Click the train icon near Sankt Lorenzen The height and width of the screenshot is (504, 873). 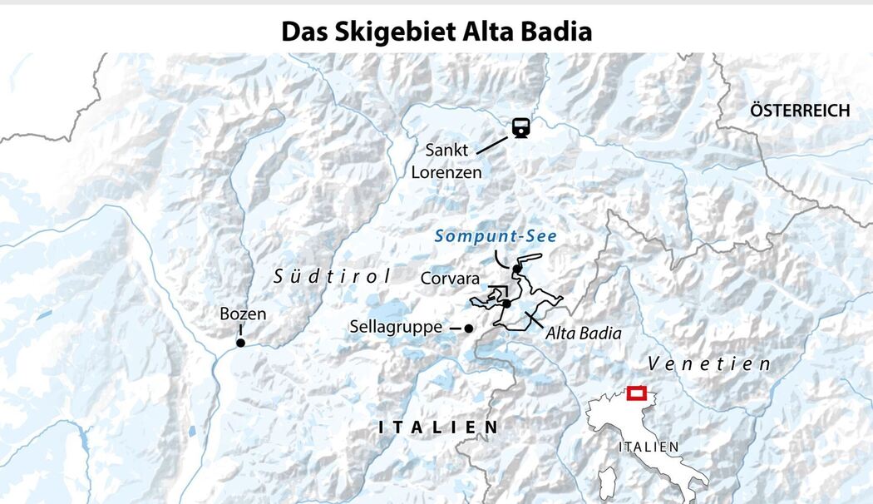tap(521, 127)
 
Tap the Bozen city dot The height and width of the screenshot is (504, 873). tap(240, 342)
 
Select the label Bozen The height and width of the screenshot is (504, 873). tap(243, 314)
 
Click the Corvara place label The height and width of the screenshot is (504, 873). tap(449, 277)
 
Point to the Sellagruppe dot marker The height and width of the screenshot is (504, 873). tap(468, 329)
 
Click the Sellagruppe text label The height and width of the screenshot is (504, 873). tap(395, 328)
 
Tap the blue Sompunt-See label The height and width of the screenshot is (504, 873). tap(496, 236)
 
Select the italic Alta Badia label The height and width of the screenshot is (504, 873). tap(584, 333)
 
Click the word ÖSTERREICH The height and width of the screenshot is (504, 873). tap(799, 111)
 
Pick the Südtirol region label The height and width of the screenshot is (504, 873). tap(332, 277)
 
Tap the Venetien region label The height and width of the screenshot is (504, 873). tap(708, 363)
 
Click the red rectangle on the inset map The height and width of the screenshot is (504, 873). tap(638, 393)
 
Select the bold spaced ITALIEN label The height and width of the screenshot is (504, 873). tap(438, 427)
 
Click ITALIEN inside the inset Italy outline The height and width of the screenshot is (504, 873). tap(648, 447)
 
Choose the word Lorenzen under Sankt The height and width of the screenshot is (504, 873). tap(446, 172)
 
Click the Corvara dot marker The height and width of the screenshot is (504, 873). tap(506, 304)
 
